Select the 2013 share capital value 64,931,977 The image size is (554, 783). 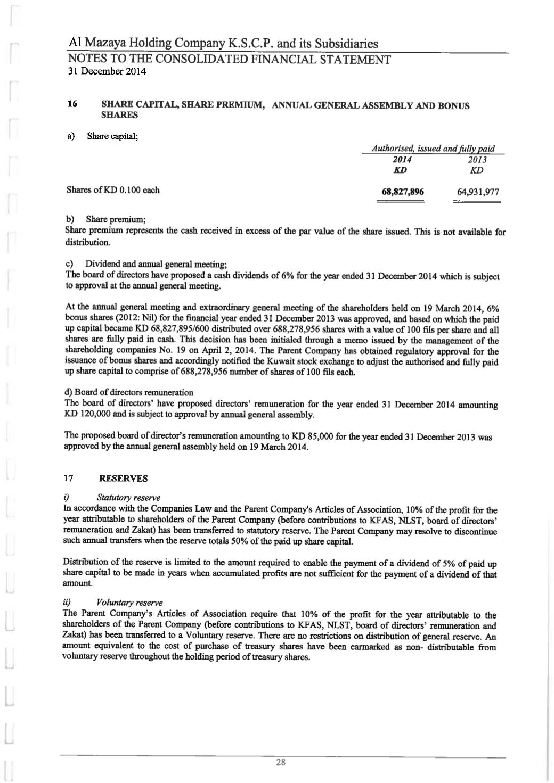pos(478,192)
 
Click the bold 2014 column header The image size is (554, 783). pos(400,160)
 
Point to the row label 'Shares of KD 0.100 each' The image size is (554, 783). pos(113,189)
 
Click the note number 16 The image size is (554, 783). pos(72,104)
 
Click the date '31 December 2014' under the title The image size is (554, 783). pos(107,70)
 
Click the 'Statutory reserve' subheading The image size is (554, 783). pos(128,498)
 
